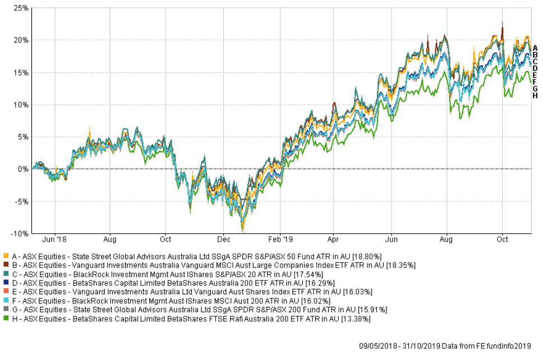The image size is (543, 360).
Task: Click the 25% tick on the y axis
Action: (21, 8)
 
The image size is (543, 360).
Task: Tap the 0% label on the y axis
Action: (23, 169)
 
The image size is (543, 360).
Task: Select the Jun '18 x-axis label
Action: (55, 239)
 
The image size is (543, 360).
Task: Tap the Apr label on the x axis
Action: (333, 239)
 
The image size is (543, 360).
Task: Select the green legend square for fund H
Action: (5, 319)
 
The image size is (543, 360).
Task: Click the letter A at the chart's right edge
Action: (535, 48)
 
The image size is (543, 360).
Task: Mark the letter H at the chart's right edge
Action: (535, 95)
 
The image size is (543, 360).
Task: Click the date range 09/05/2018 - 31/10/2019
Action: (400, 346)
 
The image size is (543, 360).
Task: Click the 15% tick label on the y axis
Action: (21, 72)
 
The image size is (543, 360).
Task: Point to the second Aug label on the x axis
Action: (447, 239)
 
